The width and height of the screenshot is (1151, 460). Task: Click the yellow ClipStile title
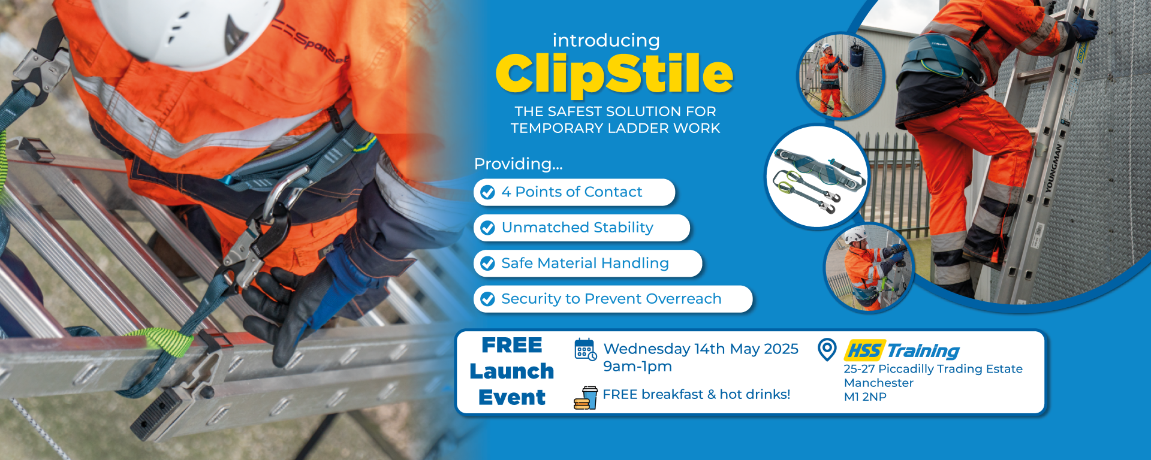point(614,74)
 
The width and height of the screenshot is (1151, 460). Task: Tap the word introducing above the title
point(606,40)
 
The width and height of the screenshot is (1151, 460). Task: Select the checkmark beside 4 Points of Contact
point(488,192)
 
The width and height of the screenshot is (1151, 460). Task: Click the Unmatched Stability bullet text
point(577,228)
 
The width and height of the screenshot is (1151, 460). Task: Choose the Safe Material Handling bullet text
point(585,263)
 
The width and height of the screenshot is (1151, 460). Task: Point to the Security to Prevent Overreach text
point(611,299)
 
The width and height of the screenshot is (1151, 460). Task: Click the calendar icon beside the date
point(585,349)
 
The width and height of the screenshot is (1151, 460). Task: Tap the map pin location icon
point(827,349)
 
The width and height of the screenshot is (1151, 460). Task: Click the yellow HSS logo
point(864,350)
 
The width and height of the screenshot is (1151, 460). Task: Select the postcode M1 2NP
point(865,397)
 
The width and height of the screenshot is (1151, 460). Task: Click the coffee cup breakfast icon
point(586,398)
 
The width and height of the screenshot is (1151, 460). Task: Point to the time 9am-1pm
point(637,367)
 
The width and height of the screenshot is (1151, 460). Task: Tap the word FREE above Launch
point(512,345)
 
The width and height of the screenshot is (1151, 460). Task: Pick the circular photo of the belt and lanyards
point(818,176)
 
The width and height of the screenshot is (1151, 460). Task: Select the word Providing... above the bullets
point(519,164)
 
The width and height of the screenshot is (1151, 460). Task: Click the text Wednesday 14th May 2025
point(701,349)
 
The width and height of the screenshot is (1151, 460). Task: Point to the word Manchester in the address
point(879,383)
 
